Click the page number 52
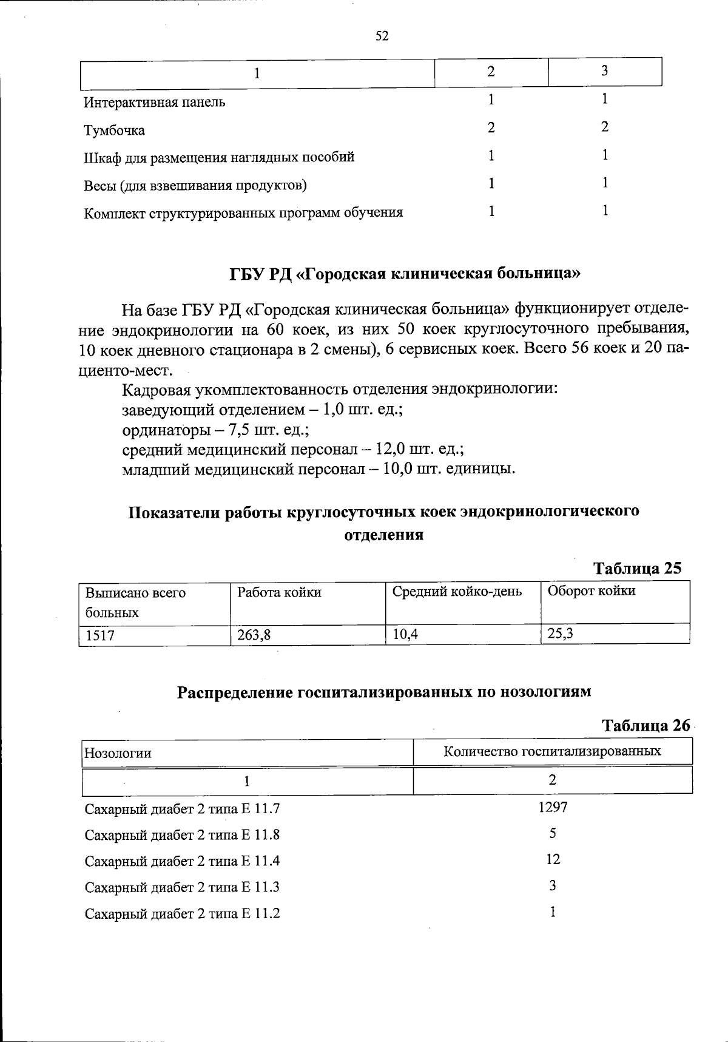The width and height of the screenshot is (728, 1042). (x=382, y=36)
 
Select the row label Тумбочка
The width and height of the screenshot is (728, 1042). (x=114, y=130)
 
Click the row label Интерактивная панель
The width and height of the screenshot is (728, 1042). (x=154, y=102)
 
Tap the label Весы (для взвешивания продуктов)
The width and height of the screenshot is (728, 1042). (x=195, y=185)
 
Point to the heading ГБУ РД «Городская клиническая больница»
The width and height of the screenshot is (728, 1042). (x=405, y=274)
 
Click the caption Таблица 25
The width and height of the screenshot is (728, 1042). (x=637, y=568)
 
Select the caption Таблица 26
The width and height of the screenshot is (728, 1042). (x=645, y=725)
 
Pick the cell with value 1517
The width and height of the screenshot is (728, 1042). (x=100, y=635)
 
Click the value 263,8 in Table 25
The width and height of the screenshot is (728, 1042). (x=254, y=635)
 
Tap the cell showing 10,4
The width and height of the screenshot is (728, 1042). (x=405, y=635)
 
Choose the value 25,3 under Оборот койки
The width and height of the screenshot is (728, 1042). (x=561, y=634)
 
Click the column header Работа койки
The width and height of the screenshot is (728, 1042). (x=279, y=592)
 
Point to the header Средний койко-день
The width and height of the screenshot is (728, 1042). (x=457, y=591)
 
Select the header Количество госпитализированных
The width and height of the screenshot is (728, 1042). (x=552, y=751)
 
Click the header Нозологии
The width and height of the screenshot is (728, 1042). (x=118, y=753)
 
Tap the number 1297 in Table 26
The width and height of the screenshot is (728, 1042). (x=553, y=807)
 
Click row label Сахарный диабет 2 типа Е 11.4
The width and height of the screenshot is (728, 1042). (x=182, y=861)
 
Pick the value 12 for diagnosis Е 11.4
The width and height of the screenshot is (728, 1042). (x=553, y=859)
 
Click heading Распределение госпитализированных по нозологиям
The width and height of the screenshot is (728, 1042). (x=384, y=692)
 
